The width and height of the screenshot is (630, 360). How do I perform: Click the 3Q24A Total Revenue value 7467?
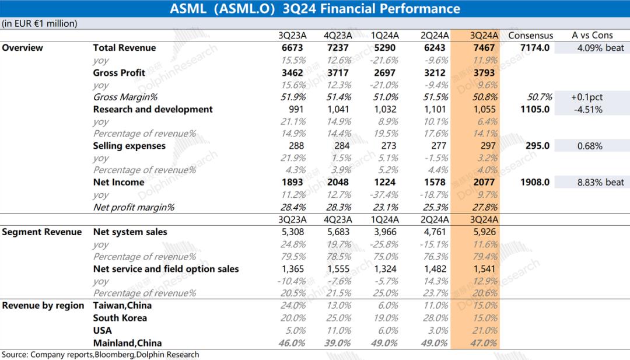(x=484, y=48)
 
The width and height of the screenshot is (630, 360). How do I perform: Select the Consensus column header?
(x=530, y=36)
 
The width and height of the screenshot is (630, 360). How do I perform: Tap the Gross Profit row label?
(x=119, y=73)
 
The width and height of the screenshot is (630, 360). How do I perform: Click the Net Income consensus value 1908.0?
(x=535, y=183)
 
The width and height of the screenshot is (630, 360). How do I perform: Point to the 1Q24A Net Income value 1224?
(x=385, y=183)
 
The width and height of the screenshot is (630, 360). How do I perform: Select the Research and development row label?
(x=153, y=109)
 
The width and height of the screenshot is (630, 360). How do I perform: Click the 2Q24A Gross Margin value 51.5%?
(x=436, y=97)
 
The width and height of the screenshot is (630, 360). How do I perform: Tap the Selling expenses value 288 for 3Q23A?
(x=296, y=146)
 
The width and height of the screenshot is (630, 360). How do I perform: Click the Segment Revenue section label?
(x=42, y=232)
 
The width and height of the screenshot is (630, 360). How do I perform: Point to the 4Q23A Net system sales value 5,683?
(x=338, y=232)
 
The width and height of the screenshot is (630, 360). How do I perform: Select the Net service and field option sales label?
(x=166, y=269)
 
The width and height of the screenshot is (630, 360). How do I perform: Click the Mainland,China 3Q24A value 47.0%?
(x=484, y=343)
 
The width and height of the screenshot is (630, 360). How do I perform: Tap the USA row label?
(x=103, y=331)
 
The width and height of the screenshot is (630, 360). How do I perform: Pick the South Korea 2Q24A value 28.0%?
(x=436, y=318)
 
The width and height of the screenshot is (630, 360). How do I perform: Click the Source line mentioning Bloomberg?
(x=100, y=355)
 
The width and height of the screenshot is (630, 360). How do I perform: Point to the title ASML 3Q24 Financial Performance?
(x=315, y=9)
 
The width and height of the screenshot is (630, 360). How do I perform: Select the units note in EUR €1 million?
(x=40, y=24)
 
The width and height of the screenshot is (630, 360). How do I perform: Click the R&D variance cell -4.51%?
(x=589, y=109)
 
